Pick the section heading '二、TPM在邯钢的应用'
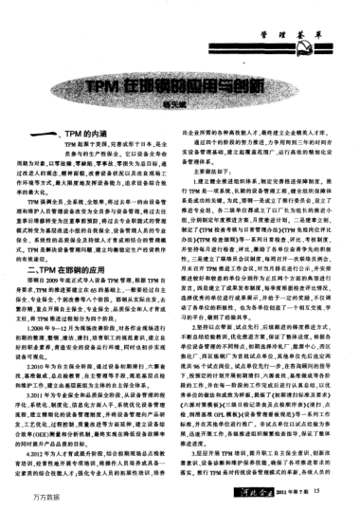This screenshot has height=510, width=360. [90, 243]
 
